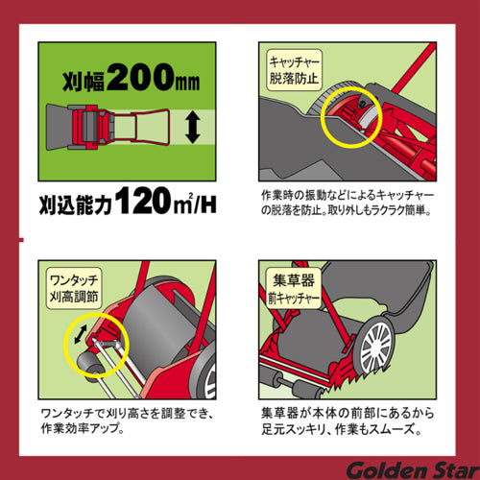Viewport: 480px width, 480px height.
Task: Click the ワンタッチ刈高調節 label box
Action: pyautogui.click(x=73, y=285)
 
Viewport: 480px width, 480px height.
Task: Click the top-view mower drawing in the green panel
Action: pyautogui.click(x=114, y=128)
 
